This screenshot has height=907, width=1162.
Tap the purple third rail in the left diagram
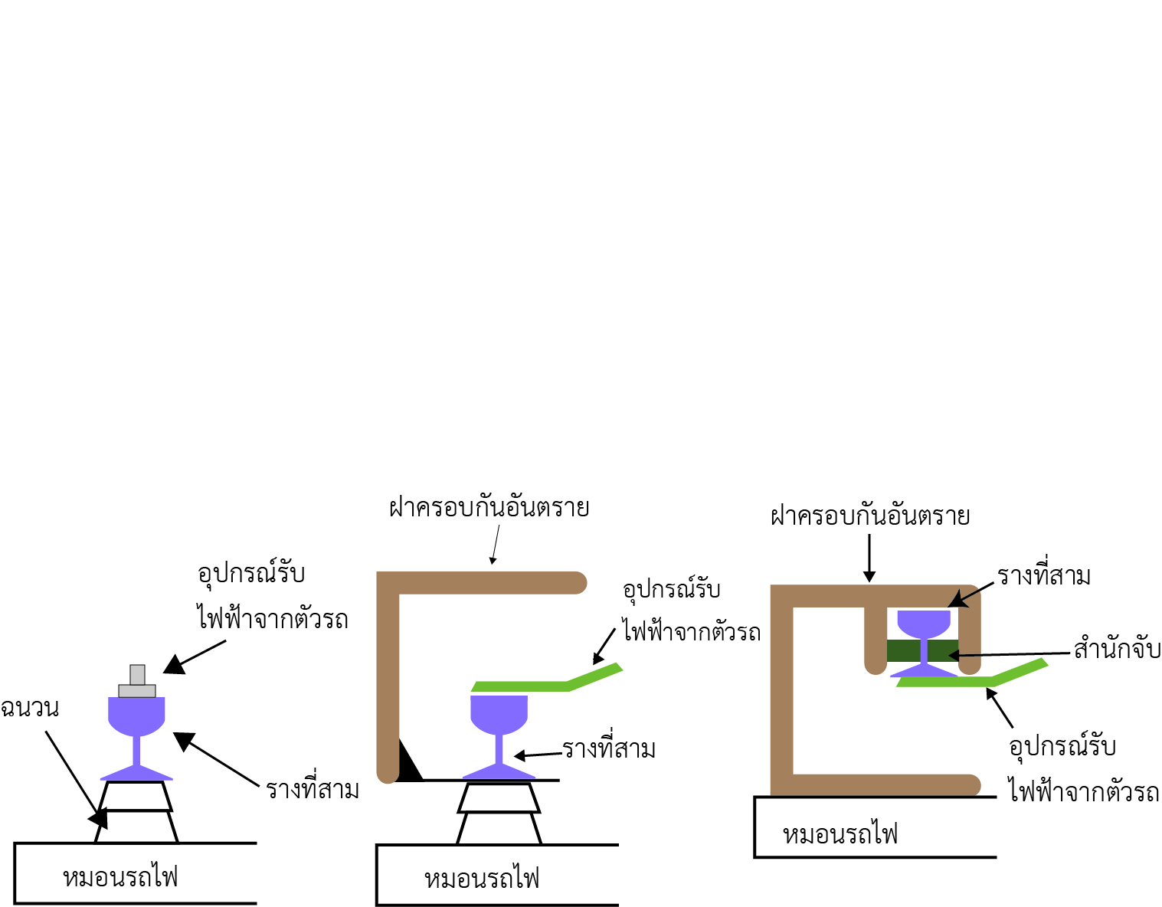point(137,716)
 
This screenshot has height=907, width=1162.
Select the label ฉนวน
point(29,708)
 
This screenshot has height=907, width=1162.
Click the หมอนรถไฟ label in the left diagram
point(121,876)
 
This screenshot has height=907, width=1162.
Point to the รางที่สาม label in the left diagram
point(313,789)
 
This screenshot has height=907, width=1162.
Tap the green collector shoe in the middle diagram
point(536,684)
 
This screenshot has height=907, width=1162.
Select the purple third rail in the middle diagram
point(499,716)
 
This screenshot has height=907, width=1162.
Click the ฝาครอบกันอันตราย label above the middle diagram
point(489,508)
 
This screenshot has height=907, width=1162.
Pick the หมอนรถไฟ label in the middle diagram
point(483,878)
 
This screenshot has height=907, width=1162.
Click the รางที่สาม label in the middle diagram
point(609,749)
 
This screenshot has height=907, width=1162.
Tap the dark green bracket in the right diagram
point(904,650)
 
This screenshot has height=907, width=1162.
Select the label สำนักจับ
point(1117,649)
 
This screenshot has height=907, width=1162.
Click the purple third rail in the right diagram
point(924,624)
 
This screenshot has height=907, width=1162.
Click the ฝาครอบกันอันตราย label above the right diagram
point(870,516)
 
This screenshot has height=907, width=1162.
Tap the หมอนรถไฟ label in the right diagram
point(840,833)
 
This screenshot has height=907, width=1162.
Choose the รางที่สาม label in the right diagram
point(1043,576)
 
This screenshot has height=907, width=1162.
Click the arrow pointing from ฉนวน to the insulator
point(73,774)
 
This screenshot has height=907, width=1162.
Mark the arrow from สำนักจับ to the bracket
point(1011,654)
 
